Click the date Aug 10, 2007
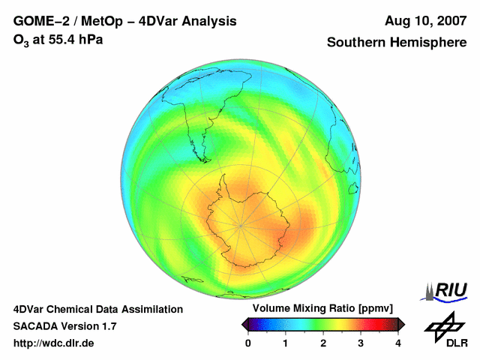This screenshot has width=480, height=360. [425, 21]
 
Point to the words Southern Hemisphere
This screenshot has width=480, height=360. [396, 43]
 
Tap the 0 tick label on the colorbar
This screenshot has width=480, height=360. [248, 343]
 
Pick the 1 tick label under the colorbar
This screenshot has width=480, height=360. [286, 343]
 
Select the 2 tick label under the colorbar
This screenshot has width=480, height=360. [323, 343]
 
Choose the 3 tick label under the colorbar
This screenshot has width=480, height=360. [361, 343]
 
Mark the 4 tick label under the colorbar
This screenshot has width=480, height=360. [398, 343]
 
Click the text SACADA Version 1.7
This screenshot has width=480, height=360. [64, 326]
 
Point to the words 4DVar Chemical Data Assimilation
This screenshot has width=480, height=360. [97, 309]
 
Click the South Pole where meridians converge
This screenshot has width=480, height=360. [241, 224]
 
